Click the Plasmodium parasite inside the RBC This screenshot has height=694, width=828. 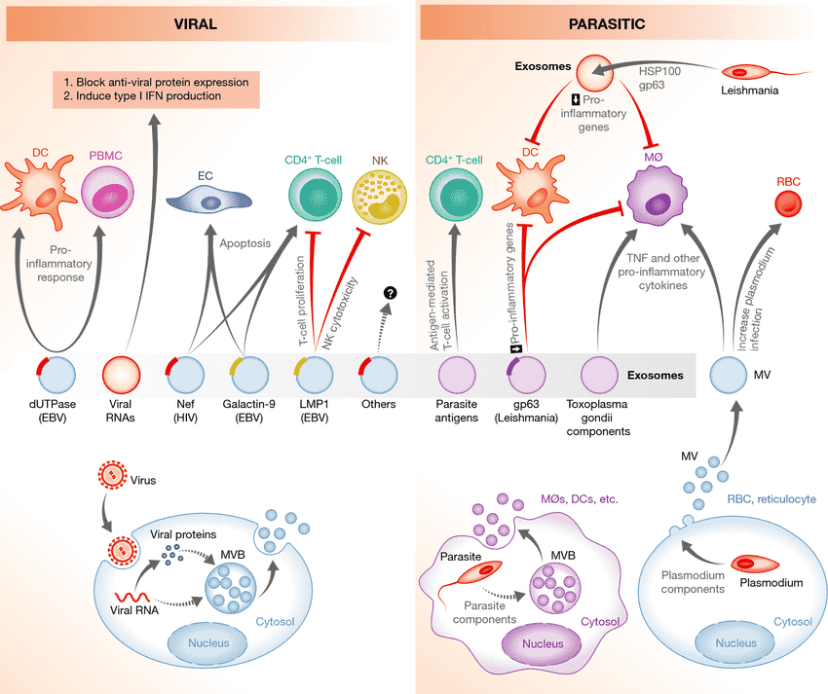tap(757, 564)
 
